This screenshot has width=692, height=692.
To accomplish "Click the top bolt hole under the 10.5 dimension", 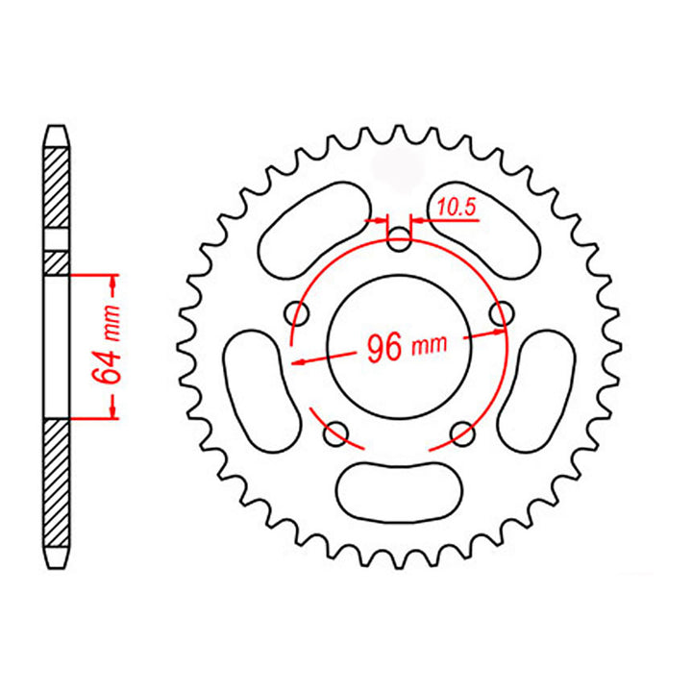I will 399,239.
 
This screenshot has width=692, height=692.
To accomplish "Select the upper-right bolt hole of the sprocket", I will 499,313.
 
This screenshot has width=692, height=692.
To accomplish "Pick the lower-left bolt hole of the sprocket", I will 336,433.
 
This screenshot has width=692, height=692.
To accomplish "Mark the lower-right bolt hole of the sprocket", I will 462,433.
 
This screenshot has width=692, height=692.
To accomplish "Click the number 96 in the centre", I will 383,348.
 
